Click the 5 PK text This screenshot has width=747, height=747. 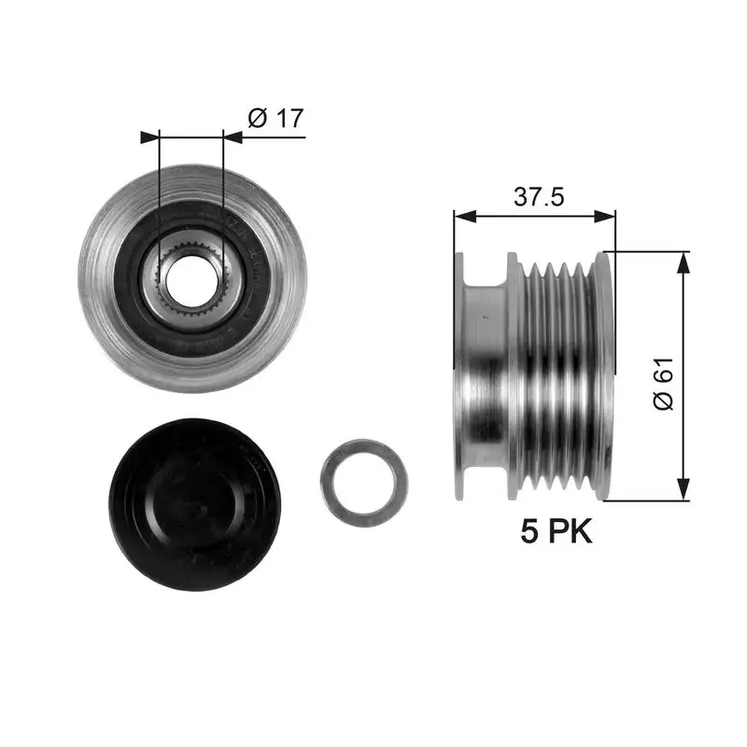(x=557, y=532)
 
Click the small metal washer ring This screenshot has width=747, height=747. (x=363, y=484)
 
